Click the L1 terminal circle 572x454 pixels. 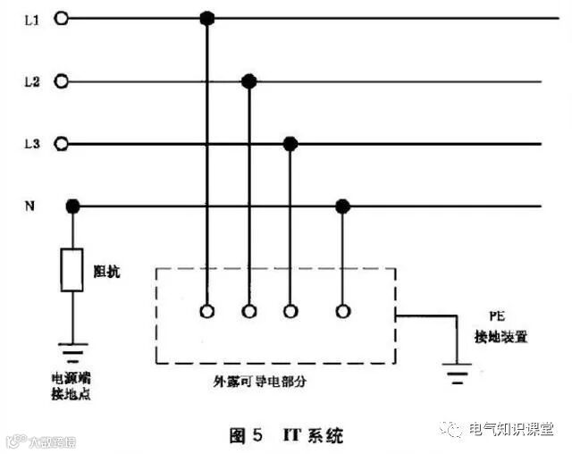pos(62,18)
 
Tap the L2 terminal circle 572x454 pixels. pos(62,81)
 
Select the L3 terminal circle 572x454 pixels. pos(62,143)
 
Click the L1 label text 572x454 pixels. pos(30,18)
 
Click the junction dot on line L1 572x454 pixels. pos(207,18)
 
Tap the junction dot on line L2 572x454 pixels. pos(249,81)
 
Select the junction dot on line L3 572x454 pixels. pos(290,143)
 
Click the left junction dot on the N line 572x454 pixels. pos(73,206)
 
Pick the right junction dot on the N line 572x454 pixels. pos(341,206)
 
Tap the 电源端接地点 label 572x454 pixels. pos(74,386)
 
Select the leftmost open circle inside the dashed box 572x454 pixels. pos(207,312)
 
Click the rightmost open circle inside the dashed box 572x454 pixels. pos(341,312)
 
